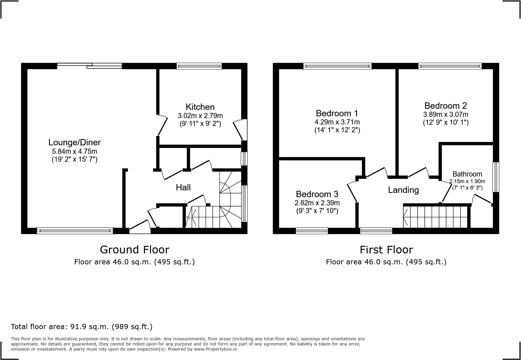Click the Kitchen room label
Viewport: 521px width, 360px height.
(200, 107)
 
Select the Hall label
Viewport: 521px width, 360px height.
(183, 187)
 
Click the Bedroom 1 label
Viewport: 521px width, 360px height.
(337, 113)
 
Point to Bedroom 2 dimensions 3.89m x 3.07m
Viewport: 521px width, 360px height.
(445, 114)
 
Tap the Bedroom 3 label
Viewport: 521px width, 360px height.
(317, 194)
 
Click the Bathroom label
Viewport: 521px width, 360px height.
(467, 174)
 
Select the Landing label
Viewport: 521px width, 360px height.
(403, 190)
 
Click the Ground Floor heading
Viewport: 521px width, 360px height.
(134, 250)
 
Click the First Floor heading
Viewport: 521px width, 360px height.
(386, 250)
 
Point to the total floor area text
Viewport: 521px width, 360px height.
(81, 327)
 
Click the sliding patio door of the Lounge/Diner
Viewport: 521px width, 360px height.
(90, 66)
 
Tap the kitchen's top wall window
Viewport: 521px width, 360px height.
(199, 66)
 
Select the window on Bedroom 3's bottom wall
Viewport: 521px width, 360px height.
(312, 231)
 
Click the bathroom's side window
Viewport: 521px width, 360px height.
(496, 177)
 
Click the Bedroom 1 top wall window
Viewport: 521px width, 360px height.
(337, 66)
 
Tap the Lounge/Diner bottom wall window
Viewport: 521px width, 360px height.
(75, 231)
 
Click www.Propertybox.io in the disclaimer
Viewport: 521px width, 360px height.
(215, 349)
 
